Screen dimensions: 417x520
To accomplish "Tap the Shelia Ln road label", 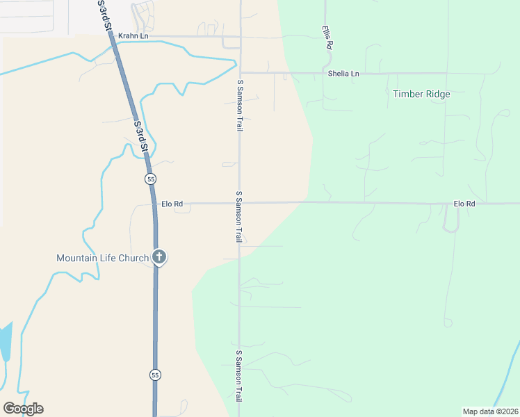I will point(344,73).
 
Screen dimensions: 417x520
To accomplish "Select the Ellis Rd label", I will point(327,37).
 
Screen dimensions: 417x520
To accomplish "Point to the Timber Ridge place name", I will point(421,94).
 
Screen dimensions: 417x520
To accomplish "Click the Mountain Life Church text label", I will point(103,258).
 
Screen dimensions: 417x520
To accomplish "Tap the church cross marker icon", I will point(159,257).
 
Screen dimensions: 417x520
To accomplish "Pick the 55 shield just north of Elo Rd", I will point(150,179).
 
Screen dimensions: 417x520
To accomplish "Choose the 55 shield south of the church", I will point(154,375).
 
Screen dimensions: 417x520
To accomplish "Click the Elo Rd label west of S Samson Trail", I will point(172,204).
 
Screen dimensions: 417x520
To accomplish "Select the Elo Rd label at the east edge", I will point(464,204).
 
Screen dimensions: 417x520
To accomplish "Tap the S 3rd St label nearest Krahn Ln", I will point(106,15).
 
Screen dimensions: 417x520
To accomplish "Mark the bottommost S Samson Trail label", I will point(238,376).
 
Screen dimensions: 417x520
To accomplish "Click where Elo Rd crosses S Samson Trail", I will point(239,204).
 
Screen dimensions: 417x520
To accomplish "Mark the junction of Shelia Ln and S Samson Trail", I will point(239,72).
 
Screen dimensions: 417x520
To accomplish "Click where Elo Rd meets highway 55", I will point(154,204).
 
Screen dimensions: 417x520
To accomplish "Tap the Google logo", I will point(23,409).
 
